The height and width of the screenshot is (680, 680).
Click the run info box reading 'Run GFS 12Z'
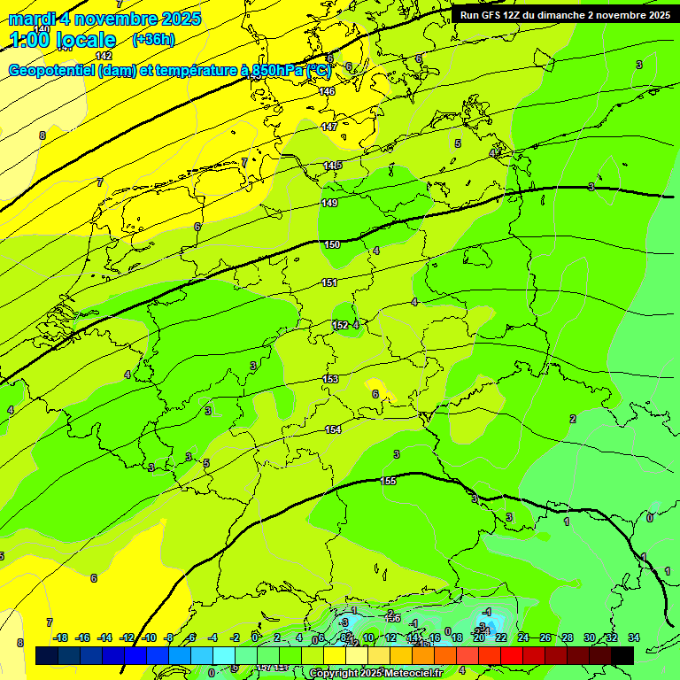[x=564, y=15]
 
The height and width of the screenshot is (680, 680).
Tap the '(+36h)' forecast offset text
[x=153, y=40]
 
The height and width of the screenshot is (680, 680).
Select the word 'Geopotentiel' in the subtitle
[x=50, y=71]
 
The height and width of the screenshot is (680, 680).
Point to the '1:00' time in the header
[x=29, y=40]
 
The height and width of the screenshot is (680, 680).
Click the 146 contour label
[x=328, y=92]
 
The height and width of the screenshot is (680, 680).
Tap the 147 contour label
[x=329, y=127]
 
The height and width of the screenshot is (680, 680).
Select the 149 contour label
[x=329, y=204]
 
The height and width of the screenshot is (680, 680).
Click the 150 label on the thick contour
[x=331, y=245]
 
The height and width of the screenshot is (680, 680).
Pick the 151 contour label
[x=329, y=283]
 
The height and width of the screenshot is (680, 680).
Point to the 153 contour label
[x=331, y=379]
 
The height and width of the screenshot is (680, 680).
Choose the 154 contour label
[x=333, y=429]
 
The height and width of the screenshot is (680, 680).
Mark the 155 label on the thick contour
[x=388, y=481]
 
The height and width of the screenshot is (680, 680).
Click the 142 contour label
[x=104, y=57]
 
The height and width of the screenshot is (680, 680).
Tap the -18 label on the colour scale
[x=60, y=637]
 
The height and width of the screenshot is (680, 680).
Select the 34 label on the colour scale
[x=634, y=637]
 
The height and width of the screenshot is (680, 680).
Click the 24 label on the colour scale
[x=523, y=637]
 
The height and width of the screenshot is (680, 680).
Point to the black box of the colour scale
[x=622, y=655]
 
